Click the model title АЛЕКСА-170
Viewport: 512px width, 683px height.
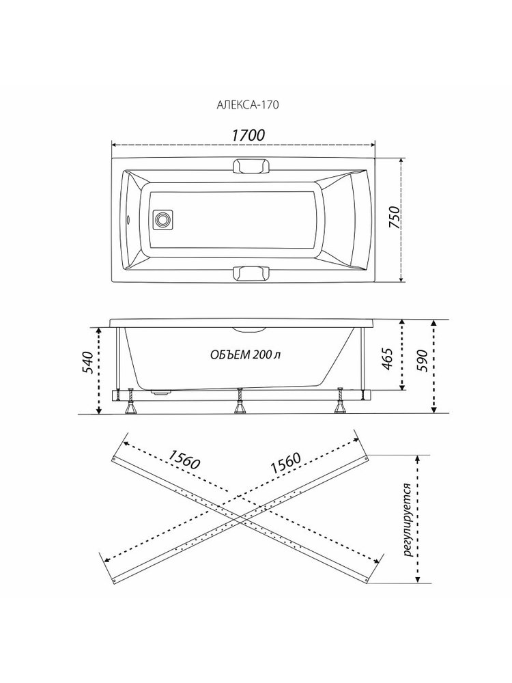pyautogui.click(x=248, y=105)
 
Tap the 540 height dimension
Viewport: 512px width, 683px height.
pyautogui.click(x=87, y=362)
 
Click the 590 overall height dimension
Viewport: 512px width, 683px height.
pyautogui.click(x=423, y=360)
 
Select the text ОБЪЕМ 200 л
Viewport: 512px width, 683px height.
pyautogui.click(x=246, y=354)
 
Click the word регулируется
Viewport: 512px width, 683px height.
pyautogui.click(x=408, y=520)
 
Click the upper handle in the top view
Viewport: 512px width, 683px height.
pyautogui.click(x=251, y=166)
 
